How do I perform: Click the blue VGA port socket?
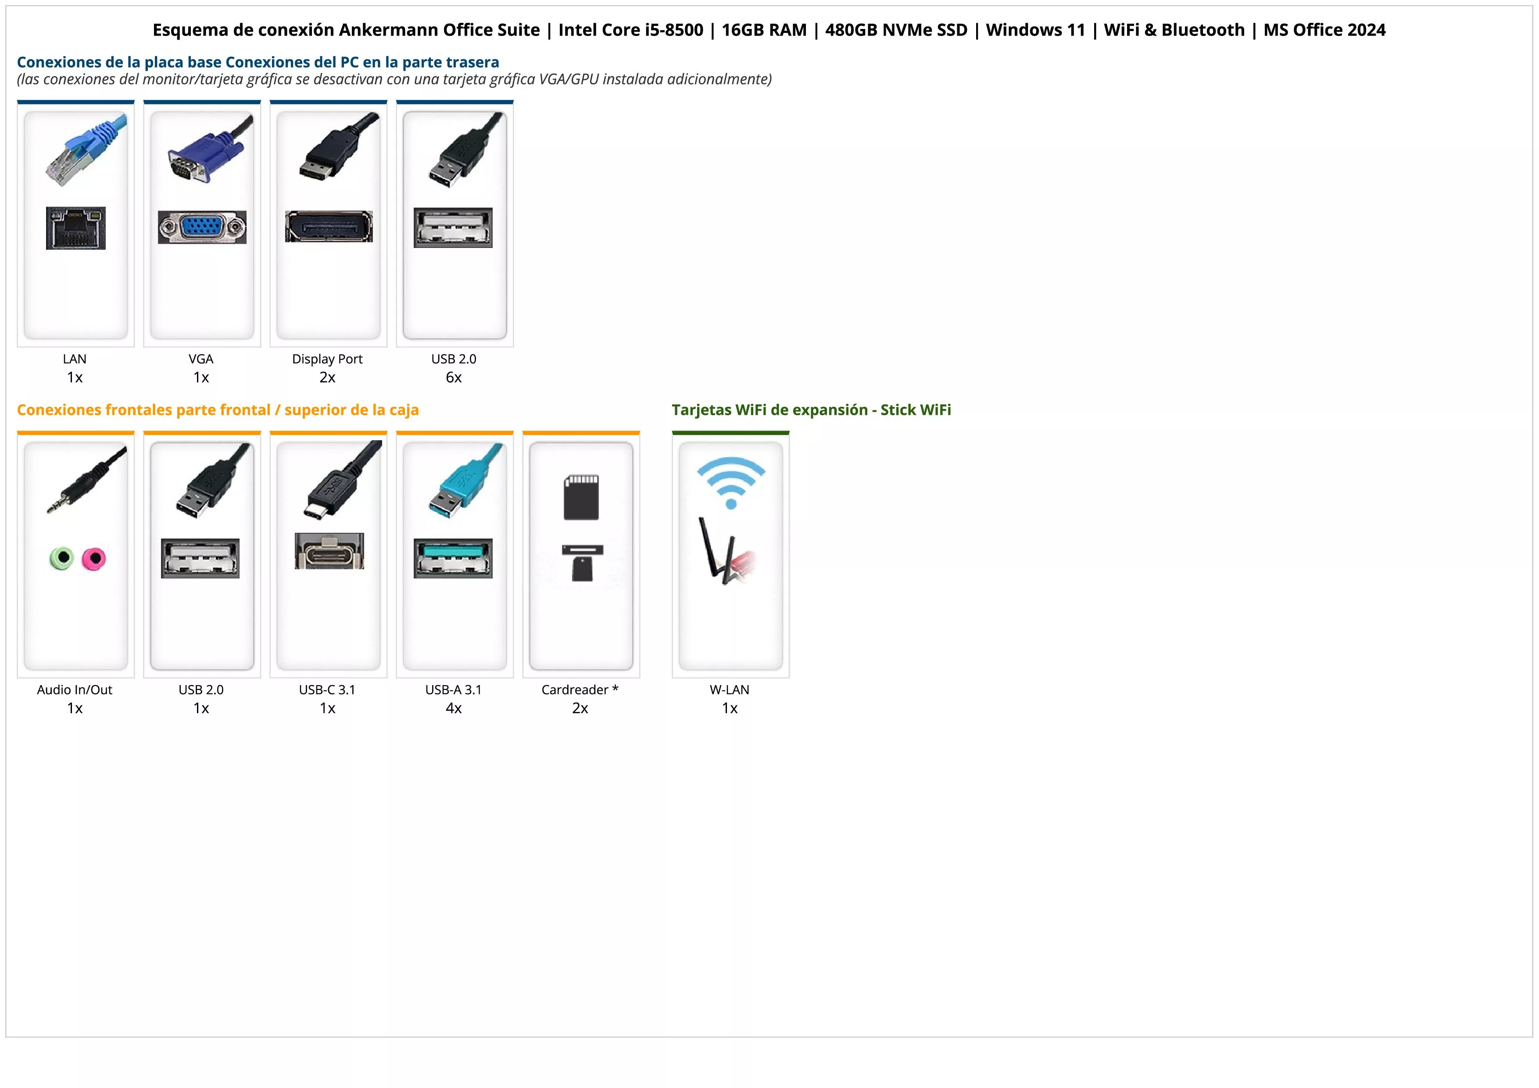pyautogui.click(x=202, y=227)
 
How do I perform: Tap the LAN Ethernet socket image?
pyautogui.click(x=76, y=228)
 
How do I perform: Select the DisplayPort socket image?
pyautogui.click(x=329, y=226)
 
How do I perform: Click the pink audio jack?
pyautogui.click(x=94, y=558)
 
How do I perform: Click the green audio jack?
pyautogui.click(x=62, y=558)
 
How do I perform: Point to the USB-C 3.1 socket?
pyautogui.click(x=329, y=551)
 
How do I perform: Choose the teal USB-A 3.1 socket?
pyautogui.click(x=453, y=558)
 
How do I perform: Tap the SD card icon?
pyautogui.click(x=581, y=497)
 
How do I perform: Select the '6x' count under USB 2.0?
pyautogui.click(x=454, y=377)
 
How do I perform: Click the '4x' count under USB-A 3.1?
pyautogui.click(x=454, y=708)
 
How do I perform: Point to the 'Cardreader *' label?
pyautogui.click(x=580, y=690)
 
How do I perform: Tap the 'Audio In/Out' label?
pyautogui.click(x=75, y=690)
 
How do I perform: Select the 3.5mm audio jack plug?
pyautogui.click(x=86, y=479)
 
